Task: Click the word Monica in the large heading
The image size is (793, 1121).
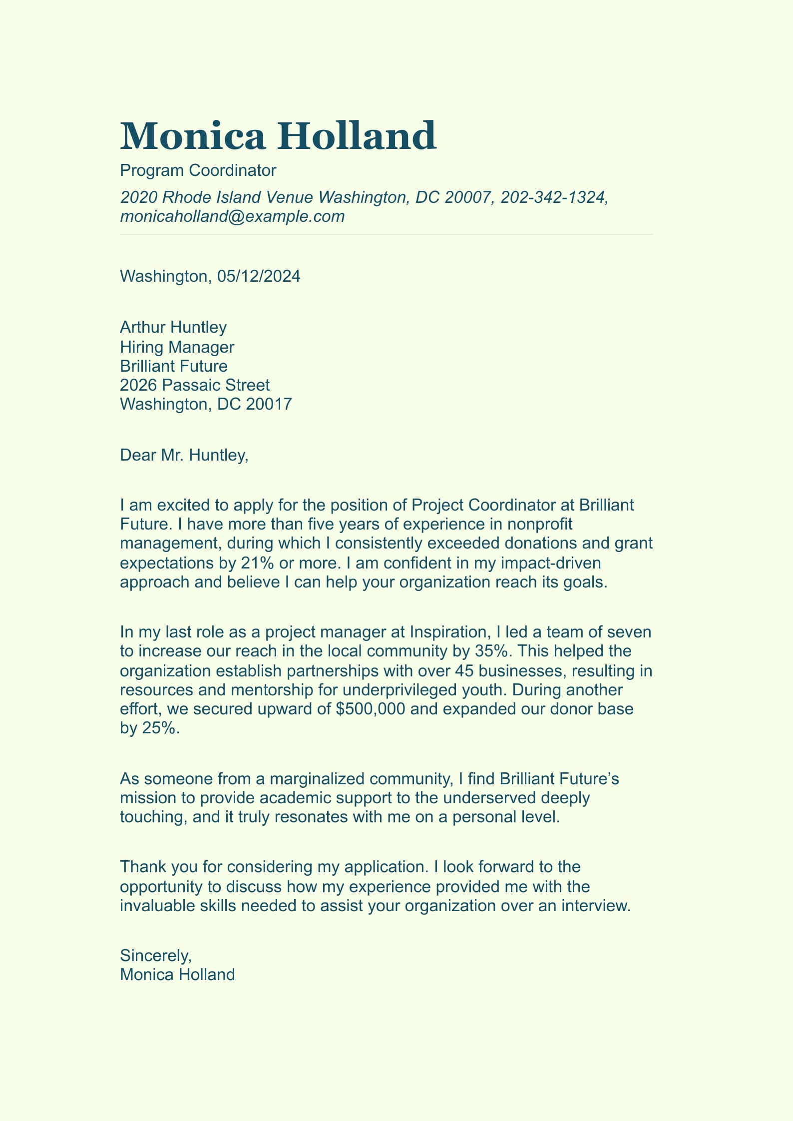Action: pyautogui.click(x=192, y=136)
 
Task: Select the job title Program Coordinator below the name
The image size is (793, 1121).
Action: pyautogui.click(x=198, y=170)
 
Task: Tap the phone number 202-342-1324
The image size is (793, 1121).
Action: pyautogui.click(x=553, y=197)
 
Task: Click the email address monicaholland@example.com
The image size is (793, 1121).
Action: pyautogui.click(x=232, y=216)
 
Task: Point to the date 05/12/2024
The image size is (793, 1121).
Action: pyautogui.click(x=259, y=276)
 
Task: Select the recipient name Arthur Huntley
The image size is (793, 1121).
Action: pyautogui.click(x=173, y=327)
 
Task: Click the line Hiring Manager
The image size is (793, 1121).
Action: pyautogui.click(x=177, y=347)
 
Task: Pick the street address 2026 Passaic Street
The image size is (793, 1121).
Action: pyautogui.click(x=195, y=385)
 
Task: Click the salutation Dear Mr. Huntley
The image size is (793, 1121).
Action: pyautogui.click(x=184, y=455)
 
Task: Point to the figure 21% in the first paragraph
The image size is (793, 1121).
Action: pyautogui.click(x=257, y=563)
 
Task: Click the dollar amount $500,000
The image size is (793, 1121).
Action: pyautogui.click(x=371, y=709)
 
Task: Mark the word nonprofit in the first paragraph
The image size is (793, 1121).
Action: pyautogui.click(x=539, y=524)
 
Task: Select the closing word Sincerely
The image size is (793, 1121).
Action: pyautogui.click(x=155, y=956)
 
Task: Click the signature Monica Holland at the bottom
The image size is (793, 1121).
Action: pyautogui.click(x=177, y=975)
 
